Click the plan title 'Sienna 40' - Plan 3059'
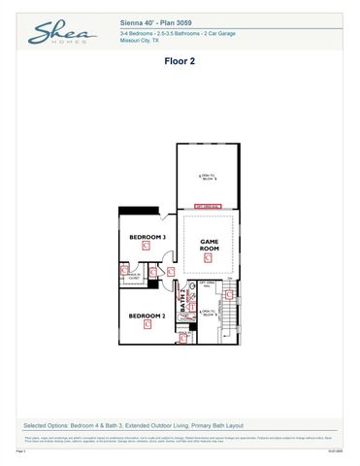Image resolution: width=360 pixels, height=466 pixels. point(160,19)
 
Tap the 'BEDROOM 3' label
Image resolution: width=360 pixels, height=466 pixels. point(147,236)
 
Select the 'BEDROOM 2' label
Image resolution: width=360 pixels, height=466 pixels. point(147,316)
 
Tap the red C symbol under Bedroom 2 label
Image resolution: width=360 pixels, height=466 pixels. point(147,326)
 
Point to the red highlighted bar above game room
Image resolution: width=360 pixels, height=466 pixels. point(208,206)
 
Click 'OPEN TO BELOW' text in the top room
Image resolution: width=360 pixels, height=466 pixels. point(209,178)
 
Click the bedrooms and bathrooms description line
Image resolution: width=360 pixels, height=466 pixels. point(163,33)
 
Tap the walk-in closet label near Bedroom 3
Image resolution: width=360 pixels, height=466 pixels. point(135,276)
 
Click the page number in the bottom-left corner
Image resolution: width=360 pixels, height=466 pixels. point(21,451)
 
